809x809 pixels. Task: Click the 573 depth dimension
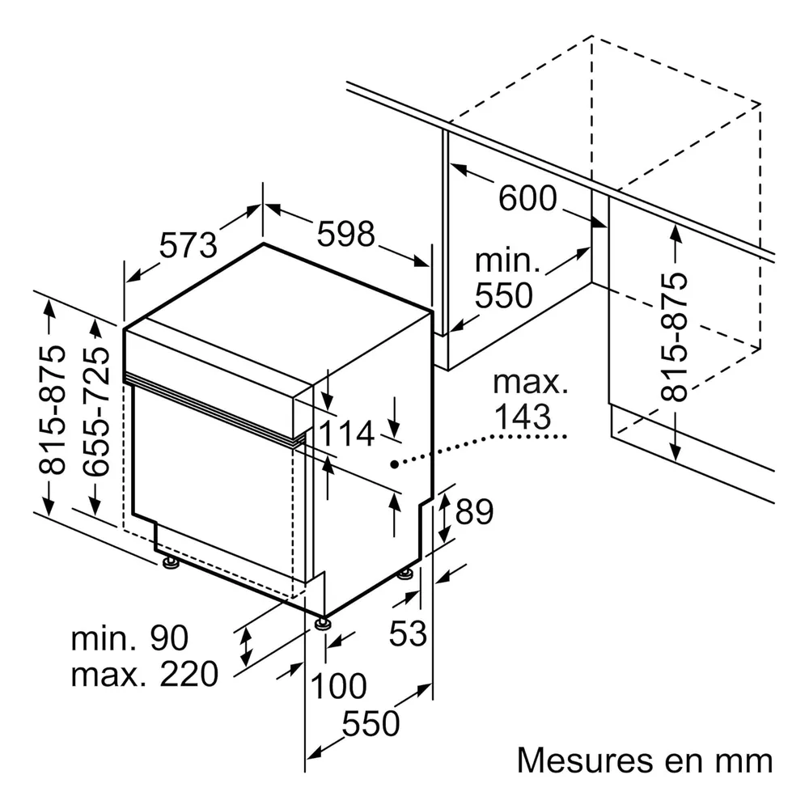188,245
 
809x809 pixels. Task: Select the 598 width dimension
345,234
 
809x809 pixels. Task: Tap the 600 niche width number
527,197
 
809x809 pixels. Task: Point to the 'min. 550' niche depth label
504,278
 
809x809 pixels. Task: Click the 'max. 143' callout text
530,400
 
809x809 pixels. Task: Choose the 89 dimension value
474,511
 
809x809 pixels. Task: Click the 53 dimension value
408,633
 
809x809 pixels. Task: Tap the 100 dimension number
338,686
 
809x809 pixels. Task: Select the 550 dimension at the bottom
371,722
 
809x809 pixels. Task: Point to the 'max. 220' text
145,674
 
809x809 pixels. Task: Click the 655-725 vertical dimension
96,411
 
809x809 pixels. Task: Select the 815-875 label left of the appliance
52,409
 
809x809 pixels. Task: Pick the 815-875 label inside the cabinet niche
675,337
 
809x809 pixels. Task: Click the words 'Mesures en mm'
645,760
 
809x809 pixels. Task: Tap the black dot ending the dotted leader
394,464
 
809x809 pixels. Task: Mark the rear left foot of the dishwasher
170,562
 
